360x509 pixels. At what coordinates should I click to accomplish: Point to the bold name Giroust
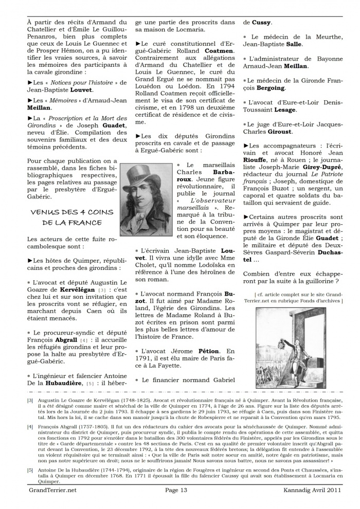293,132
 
